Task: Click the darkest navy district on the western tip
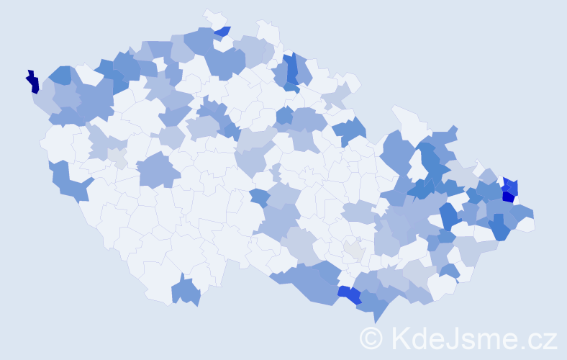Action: (x=33, y=82)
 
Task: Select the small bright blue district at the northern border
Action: (x=222, y=32)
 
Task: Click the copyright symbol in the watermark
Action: (x=372, y=338)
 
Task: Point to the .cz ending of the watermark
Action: (x=536, y=338)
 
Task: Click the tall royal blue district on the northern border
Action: (x=291, y=69)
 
